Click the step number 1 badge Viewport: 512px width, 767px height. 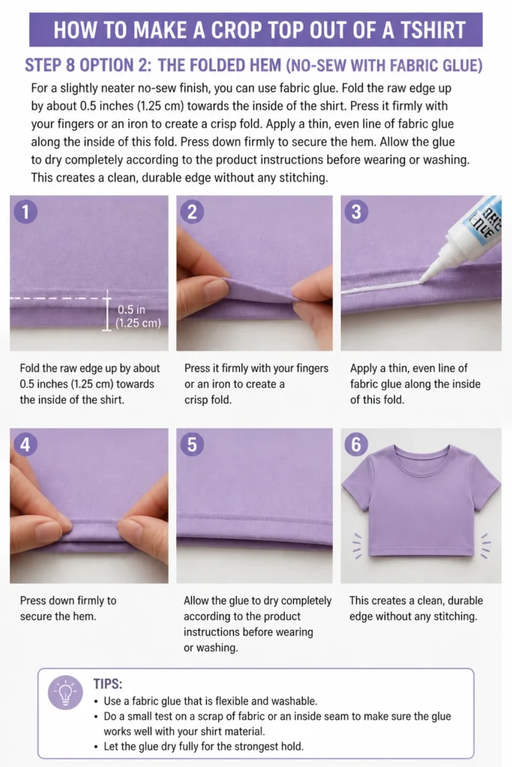[x=25, y=212]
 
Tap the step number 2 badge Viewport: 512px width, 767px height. [x=192, y=212]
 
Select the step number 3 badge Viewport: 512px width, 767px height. [x=356, y=212]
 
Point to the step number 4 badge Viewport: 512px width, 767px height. [x=25, y=445]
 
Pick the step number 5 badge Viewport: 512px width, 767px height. [x=192, y=445]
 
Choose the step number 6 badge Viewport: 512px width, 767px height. [x=356, y=445]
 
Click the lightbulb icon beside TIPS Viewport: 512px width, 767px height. [x=65, y=693]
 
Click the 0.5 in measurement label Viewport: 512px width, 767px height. [x=131, y=309]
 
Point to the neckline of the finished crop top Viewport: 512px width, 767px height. [x=421, y=452]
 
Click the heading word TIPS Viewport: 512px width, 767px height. [x=108, y=683]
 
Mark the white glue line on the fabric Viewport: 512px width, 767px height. [x=380, y=288]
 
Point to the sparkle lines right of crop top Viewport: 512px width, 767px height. [x=485, y=545]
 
